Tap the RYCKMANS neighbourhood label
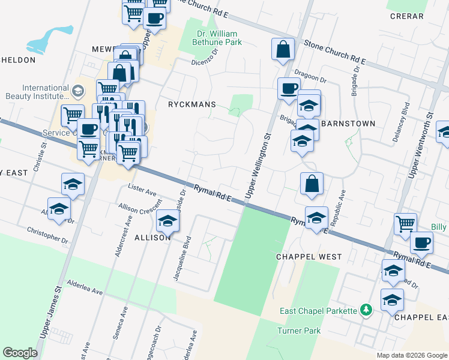[193, 104]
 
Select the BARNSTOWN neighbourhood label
[348, 124]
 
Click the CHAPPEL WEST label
[309, 257]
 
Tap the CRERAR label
[406, 16]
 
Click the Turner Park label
[299, 331]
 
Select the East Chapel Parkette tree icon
[366, 310]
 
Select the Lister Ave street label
[142, 190]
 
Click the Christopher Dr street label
[48, 235]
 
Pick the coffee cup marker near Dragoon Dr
[289, 89]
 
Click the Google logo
[20, 353]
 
